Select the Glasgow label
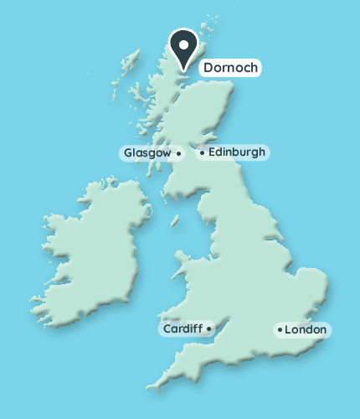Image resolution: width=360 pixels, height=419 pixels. click(x=147, y=153)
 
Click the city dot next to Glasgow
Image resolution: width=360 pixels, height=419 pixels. click(x=179, y=153)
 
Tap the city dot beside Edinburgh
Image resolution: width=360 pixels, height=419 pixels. click(x=202, y=153)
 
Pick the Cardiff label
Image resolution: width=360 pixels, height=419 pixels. click(x=182, y=328)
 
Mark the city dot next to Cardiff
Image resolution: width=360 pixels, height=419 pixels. click(x=208, y=328)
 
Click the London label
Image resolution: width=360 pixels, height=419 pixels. click(x=306, y=330)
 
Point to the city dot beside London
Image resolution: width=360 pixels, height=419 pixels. click(x=280, y=330)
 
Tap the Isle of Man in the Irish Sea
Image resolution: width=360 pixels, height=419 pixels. click(x=176, y=221)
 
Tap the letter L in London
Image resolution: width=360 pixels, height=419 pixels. click(x=289, y=330)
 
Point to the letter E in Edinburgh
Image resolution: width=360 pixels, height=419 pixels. click(x=211, y=153)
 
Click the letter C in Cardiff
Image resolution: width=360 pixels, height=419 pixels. click(x=167, y=328)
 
